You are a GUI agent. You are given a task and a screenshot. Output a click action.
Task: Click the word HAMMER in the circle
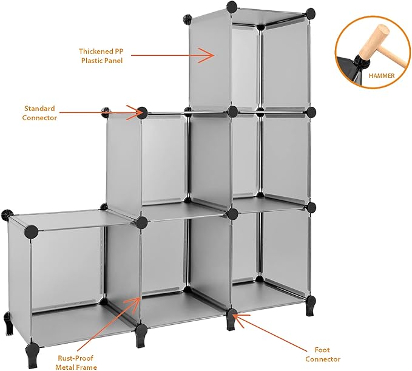click(382, 76)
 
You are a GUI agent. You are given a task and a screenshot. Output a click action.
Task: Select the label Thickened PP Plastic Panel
click(101, 56)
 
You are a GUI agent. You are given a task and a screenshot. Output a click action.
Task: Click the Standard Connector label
click(39, 113)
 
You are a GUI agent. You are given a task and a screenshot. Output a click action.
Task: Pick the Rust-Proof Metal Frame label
click(76, 362)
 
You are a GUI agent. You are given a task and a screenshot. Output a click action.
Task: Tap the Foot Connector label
click(323, 355)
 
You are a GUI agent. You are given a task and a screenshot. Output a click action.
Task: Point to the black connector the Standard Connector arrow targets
click(142, 113)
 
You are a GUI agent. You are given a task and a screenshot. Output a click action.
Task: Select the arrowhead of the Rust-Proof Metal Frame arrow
click(135, 305)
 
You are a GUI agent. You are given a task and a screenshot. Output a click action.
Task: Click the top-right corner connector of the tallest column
click(310, 13)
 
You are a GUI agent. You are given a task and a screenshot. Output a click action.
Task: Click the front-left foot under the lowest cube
click(30, 353)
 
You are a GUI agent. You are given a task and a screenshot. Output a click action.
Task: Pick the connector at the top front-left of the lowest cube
click(31, 231)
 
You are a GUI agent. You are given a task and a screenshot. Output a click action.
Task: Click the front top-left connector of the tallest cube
click(232, 6)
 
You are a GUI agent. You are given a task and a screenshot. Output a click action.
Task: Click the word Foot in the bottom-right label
click(322, 350)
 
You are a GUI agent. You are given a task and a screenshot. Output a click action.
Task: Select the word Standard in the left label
click(39, 109)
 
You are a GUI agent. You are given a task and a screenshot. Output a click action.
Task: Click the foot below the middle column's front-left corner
click(141, 336)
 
